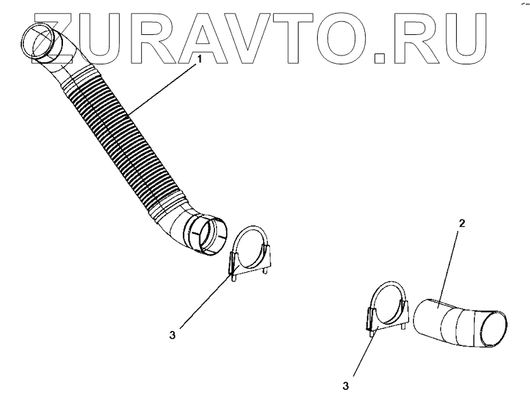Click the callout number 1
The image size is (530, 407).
(x=200, y=60)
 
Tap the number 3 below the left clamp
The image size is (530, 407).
(x=173, y=335)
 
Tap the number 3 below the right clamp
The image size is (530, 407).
(x=346, y=386)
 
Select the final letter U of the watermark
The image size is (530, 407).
(x=468, y=34)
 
